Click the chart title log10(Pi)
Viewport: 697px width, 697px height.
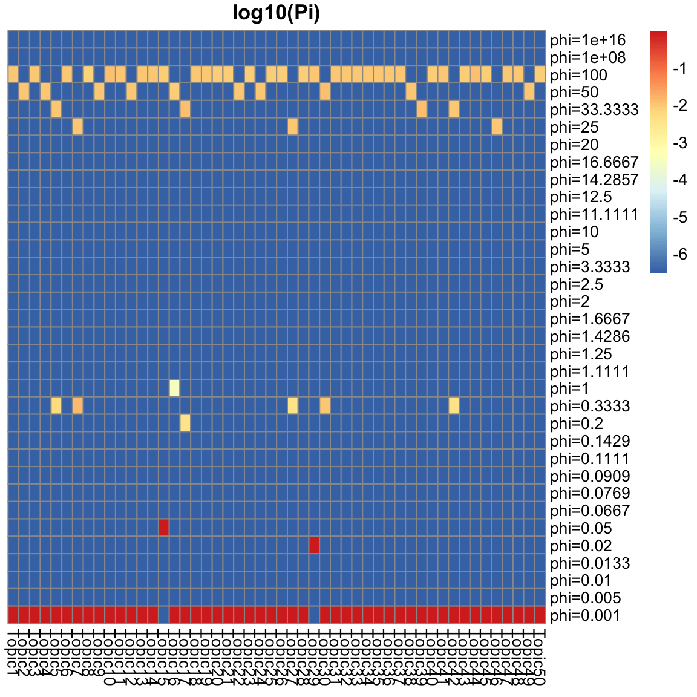point(276,13)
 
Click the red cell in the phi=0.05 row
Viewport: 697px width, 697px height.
point(163,528)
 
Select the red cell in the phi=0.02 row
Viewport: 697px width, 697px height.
point(314,545)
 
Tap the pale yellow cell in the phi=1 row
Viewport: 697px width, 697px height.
point(174,388)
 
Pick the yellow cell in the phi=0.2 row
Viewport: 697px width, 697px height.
point(185,423)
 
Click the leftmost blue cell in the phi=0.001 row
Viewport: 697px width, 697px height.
point(163,615)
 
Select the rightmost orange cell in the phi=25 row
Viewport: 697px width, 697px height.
point(497,126)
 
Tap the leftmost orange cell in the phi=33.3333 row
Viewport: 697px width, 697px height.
point(56,109)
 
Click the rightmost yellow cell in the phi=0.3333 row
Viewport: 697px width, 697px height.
point(454,405)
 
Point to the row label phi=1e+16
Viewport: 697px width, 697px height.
point(587,41)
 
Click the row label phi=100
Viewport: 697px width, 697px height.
point(579,75)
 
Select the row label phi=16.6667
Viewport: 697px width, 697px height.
point(594,162)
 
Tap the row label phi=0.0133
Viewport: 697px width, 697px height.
point(590,563)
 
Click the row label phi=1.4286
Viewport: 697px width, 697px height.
point(590,336)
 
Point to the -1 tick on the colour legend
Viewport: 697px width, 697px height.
point(679,69)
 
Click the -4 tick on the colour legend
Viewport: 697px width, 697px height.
point(679,180)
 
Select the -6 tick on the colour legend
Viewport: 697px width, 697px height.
point(679,255)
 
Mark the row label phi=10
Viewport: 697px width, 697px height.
point(575,232)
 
